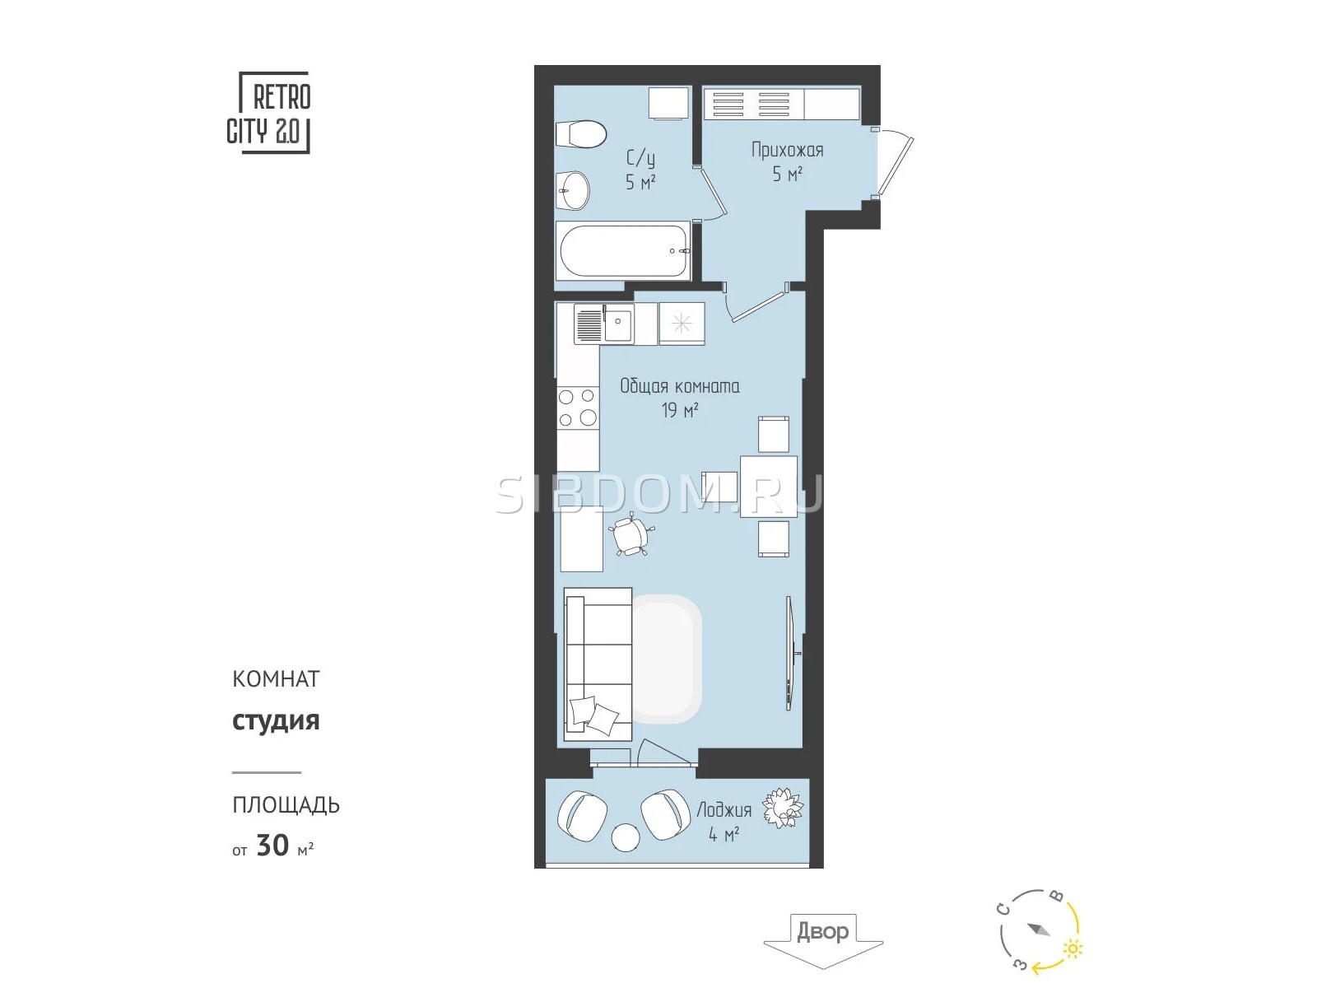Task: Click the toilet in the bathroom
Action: click(x=581, y=134)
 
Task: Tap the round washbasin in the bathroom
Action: click(x=573, y=191)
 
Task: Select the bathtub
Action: click(x=623, y=251)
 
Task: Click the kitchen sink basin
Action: click(x=618, y=324)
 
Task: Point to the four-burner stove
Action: click(x=578, y=408)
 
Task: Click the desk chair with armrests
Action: click(x=631, y=534)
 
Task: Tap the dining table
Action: click(x=768, y=487)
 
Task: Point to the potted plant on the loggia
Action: click(x=783, y=808)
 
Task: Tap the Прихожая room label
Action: click(x=787, y=150)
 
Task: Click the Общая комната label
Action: click(x=679, y=386)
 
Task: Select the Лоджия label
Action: click(x=724, y=810)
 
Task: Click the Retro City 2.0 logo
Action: click(x=269, y=113)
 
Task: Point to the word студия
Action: click(x=276, y=721)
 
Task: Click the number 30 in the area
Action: click(x=272, y=846)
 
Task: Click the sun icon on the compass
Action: click(x=1073, y=948)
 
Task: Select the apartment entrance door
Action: click(x=894, y=163)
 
